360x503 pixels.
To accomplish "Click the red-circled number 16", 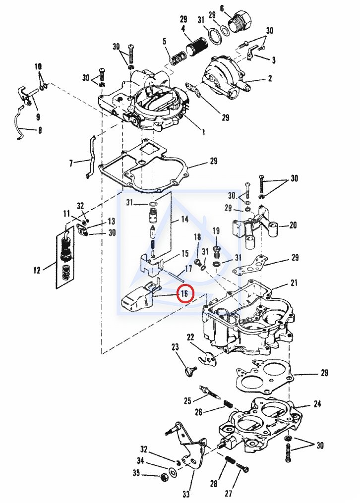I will point(184,294).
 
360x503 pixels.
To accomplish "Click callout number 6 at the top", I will point(222,8).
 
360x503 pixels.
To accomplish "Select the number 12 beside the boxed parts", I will point(37,271).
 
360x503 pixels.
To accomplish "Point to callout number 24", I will point(317,404).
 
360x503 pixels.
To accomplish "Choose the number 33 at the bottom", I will point(186,494).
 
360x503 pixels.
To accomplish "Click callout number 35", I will point(136,473).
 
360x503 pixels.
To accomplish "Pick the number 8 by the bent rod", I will point(40,131).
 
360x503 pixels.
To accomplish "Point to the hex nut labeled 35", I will point(162,477).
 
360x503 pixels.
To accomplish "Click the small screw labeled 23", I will point(190,370).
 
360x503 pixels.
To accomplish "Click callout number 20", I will point(293,225).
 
